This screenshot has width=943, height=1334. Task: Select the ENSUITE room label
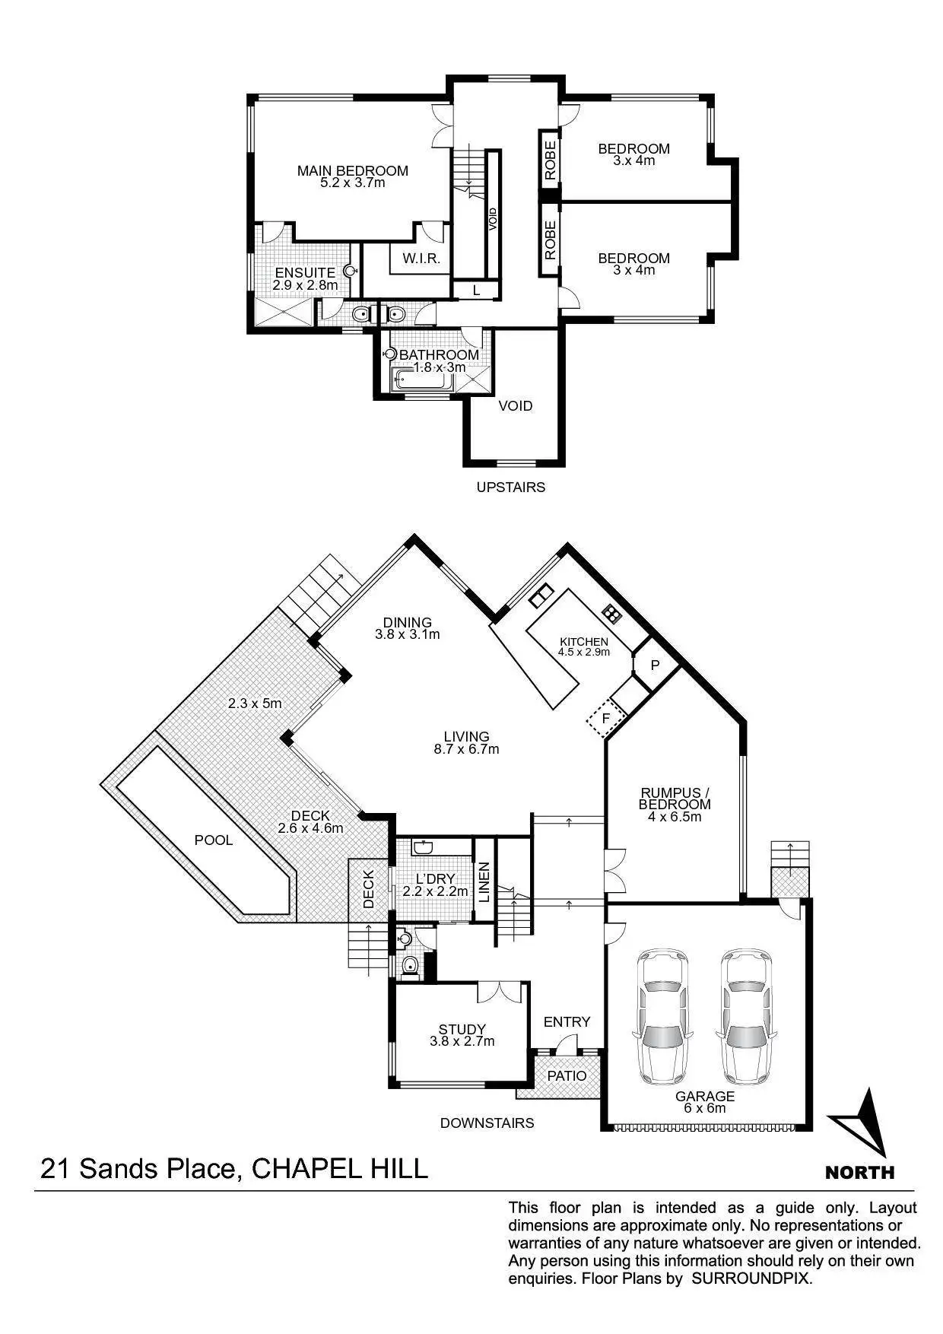[x=304, y=273]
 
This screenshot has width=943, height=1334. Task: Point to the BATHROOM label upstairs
[x=439, y=355]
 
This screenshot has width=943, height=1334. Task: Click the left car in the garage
[x=662, y=1016]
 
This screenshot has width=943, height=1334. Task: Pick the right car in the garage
[x=748, y=1016]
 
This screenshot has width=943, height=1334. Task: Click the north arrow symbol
[x=860, y=1123]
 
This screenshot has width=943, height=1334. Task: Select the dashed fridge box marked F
[x=606, y=718]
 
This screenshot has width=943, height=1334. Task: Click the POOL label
[x=214, y=840]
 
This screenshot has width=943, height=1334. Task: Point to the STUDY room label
[x=462, y=1030]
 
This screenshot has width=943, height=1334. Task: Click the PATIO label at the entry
[x=567, y=1076]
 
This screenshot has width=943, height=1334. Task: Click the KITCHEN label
[x=583, y=642]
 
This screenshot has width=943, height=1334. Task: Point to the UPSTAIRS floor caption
[x=510, y=487]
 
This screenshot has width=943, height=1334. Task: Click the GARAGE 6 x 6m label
[x=705, y=1097]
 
